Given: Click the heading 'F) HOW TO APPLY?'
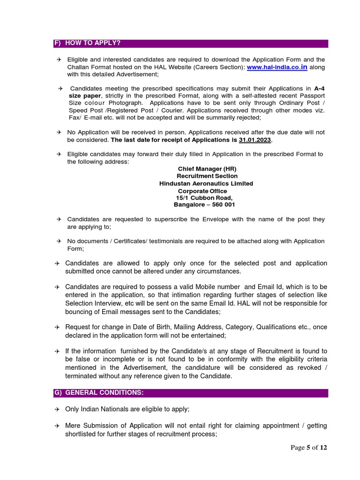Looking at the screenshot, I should [87, 43].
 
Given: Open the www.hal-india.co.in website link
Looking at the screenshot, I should [277, 67].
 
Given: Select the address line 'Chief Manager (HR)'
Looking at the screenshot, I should [207, 169].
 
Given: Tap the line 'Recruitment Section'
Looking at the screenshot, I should [207, 176].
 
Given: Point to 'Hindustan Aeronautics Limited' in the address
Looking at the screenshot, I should [206, 183].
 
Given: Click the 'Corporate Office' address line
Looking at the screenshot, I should [202, 191].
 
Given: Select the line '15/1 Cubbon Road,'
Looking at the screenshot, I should [204, 198].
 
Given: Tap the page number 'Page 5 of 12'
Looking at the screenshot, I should [309, 447].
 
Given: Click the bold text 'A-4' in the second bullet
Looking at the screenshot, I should [319, 89].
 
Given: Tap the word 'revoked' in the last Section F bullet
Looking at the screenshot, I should [310, 367].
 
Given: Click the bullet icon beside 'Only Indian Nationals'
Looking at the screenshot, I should [57, 409].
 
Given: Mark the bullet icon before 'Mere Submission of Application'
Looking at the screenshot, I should [57, 426].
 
